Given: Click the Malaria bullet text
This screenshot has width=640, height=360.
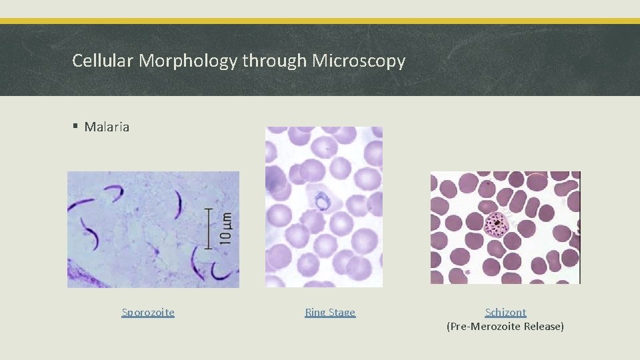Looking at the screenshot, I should coord(107,127).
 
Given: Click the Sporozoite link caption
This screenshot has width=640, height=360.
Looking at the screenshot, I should coord(148,312).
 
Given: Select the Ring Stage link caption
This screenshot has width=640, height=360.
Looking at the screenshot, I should coord(330,312).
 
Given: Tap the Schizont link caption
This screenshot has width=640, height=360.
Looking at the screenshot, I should coord(505,312).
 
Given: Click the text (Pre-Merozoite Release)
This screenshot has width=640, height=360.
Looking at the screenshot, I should coord(505,327).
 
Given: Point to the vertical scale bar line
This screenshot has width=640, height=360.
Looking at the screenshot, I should coord(210,229).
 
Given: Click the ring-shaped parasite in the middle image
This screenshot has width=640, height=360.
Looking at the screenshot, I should coord(323,199).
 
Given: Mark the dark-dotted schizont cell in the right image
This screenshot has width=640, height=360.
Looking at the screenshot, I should coord(496,225).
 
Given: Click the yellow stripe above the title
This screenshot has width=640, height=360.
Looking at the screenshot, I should coord(320,21).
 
